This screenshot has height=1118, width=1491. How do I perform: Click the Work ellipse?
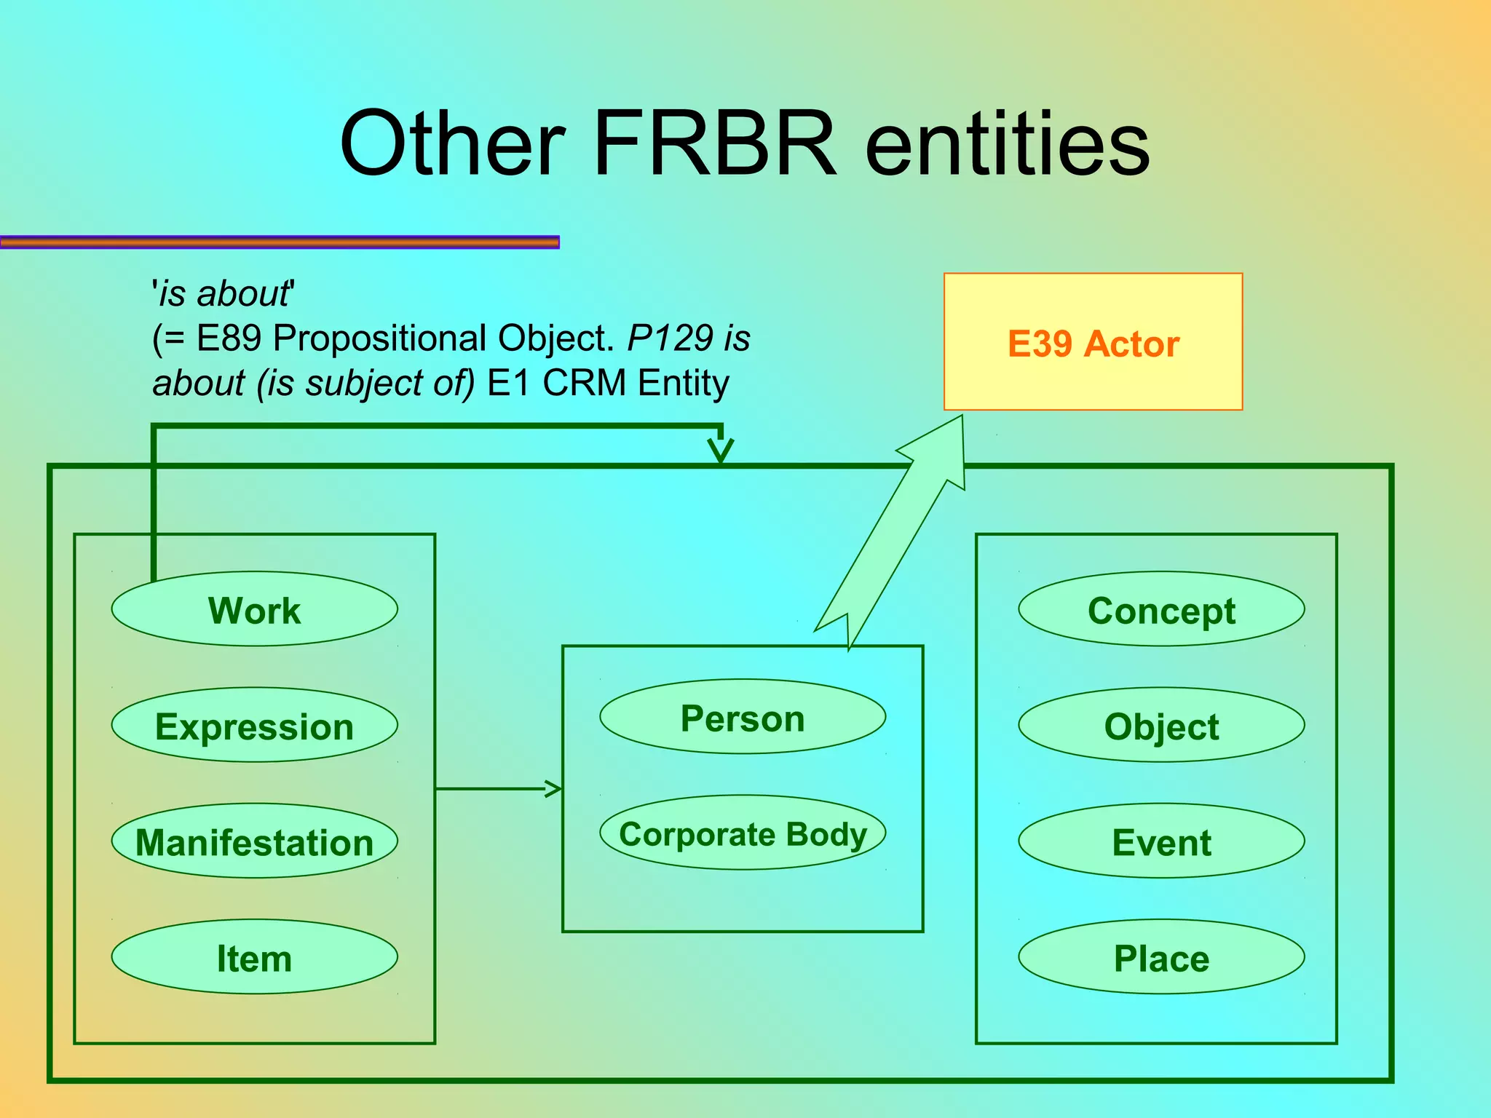(254, 609)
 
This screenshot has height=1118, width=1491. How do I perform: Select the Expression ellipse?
(254, 725)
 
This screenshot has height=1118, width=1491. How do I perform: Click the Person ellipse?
(743, 716)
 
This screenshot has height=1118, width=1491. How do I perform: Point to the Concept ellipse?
(1161, 609)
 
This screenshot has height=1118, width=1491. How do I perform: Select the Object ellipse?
(1161, 725)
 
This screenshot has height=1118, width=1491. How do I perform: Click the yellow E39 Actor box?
(1093, 342)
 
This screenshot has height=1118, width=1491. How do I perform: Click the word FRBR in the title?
(715, 143)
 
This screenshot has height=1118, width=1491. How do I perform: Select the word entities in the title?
(1008, 143)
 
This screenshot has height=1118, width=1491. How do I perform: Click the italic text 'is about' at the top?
(223, 294)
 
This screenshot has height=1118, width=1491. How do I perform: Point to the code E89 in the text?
(228, 338)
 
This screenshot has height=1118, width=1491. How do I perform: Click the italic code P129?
(670, 338)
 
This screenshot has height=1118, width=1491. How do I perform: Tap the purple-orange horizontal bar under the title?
(280, 242)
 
